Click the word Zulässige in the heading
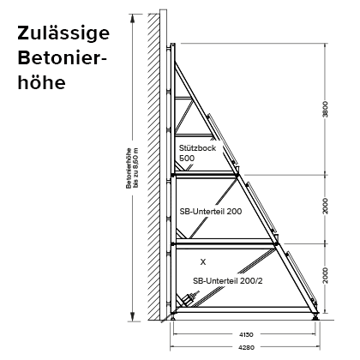tap(63, 33)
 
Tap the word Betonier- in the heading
tap(62, 58)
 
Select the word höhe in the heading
tap(42, 82)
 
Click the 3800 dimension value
tap(325, 109)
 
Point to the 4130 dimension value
tap(246, 334)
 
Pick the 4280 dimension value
tap(246, 347)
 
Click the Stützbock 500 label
tap(197, 153)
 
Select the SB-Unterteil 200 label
tap(211, 212)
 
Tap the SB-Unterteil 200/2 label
tap(228, 281)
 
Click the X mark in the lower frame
tap(203, 261)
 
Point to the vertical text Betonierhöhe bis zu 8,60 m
tap(132, 168)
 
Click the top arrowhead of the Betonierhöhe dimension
tap(133, 18)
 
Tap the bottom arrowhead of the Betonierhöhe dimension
tap(133, 316)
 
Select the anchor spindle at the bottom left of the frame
tap(189, 298)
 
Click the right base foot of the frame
tap(315, 316)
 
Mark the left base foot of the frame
tap(173, 316)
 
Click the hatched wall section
tap(153, 166)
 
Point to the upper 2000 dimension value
tap(325, 206)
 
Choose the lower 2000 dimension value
tap(325, 276)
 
